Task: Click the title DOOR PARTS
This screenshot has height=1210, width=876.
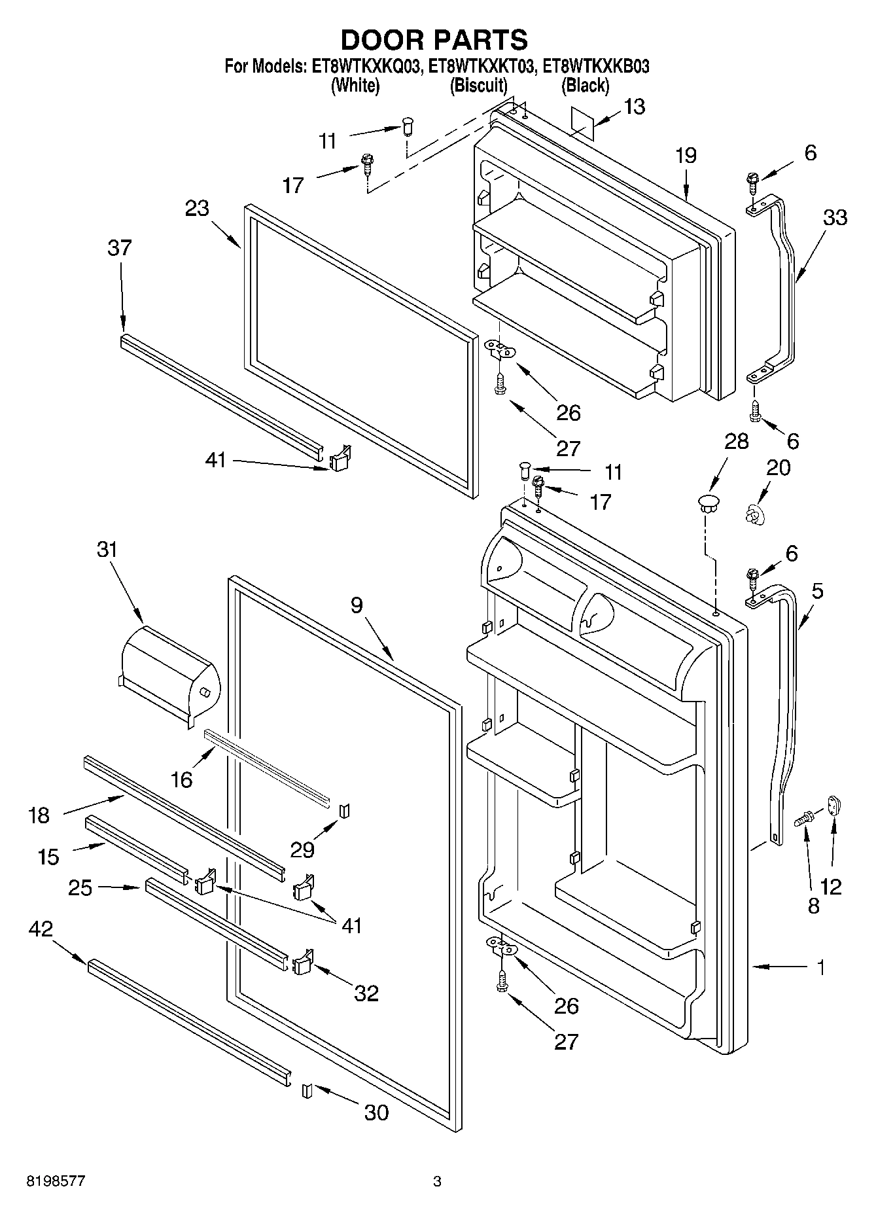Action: pyautogui.click(x=434, y=40)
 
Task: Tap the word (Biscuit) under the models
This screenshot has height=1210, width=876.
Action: pyautogui.click(x=478, y=85)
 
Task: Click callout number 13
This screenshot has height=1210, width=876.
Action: pyautogui.click(x=633, y=107)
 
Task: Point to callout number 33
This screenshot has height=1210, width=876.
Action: pyautogui.click(x=834, y=218)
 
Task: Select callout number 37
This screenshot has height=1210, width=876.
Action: pyautogui.click(x=120, y=248)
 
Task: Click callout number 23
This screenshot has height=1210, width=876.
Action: pyautogui.click(x=196, y=208)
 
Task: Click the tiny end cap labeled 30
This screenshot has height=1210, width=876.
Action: pyautogui.click(x=307, y=1091)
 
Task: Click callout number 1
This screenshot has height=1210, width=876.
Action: pyautogui.click(x=820, y=967)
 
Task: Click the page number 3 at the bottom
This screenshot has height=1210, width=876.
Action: pyautogui.click(x=437, y=1182)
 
